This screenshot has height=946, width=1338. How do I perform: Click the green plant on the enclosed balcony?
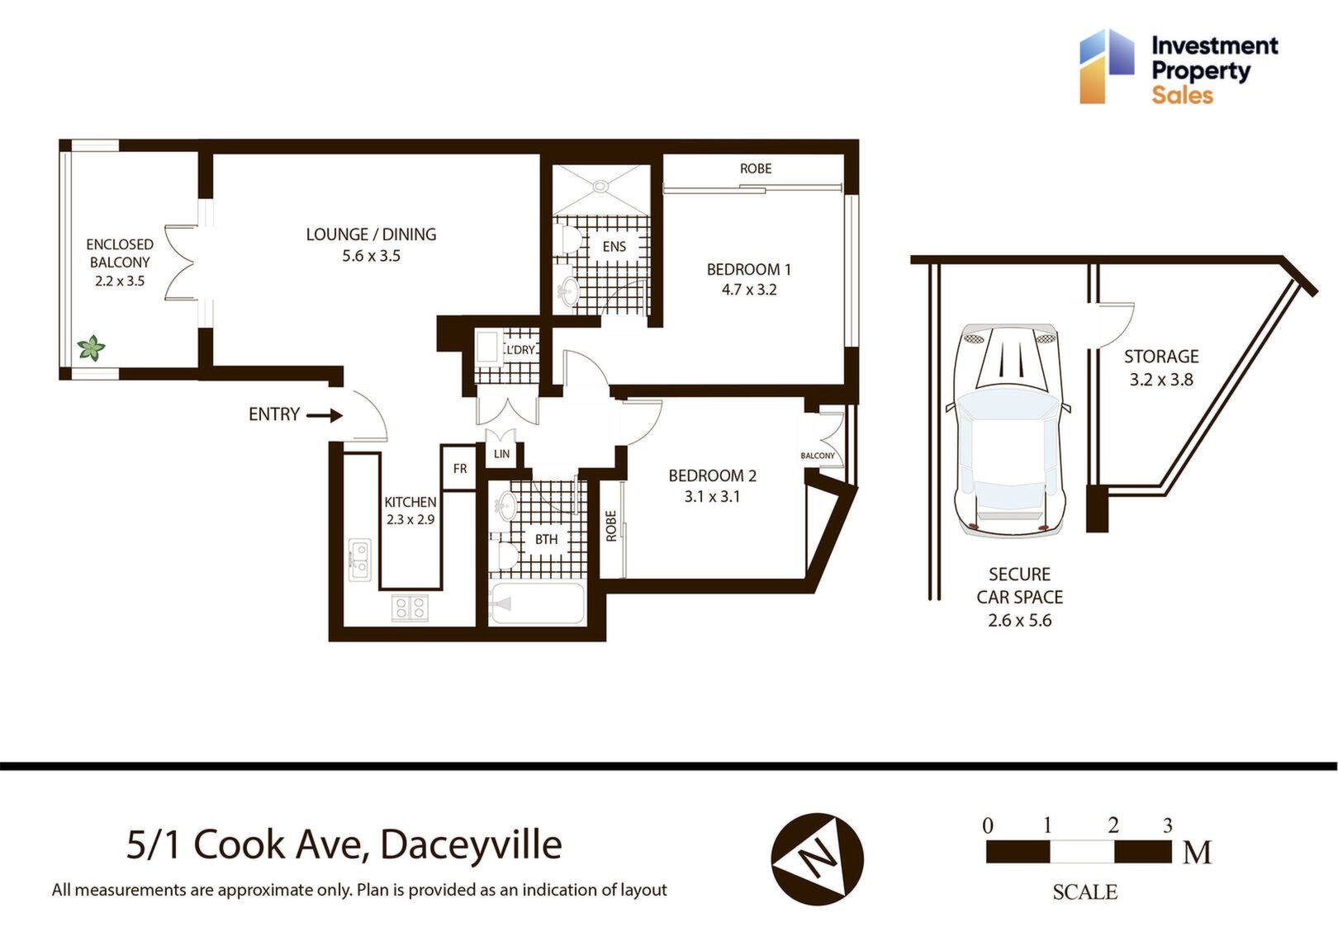coord(92,348)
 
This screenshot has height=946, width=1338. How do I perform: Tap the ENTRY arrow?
coord(325,415)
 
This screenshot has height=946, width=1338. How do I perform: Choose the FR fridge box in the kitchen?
coord(458,468)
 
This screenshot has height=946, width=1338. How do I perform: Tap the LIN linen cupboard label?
coord(502,454)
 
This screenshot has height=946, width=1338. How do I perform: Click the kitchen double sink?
coord(359,560)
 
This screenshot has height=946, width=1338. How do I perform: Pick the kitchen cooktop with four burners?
coord(410,608)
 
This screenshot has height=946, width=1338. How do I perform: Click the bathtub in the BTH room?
coord(536,603)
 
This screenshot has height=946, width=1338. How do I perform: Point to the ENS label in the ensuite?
coord(614,247)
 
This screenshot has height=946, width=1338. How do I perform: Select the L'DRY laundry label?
coord(520,350)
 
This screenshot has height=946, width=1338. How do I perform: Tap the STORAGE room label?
coord(1161,357)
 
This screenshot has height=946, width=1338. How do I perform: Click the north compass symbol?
coord(817,858)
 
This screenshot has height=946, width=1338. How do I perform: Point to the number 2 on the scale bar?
coord(1113,825)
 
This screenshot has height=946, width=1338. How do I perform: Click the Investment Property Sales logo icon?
coord(1107,66)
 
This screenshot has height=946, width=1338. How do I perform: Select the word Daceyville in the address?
coord(471,844)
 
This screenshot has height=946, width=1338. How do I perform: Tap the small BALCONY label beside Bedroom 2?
coord(818,456)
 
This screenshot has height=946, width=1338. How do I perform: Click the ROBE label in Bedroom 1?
coord(756,169)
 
